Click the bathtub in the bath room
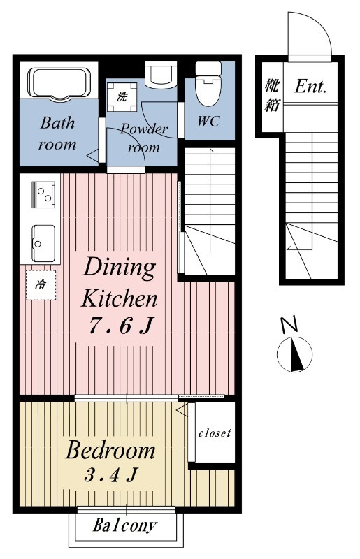tap(59, 82)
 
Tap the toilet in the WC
tap(208, 84)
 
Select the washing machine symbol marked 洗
tap(122, 97)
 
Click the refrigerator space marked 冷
tap(41, 285)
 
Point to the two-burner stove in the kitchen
tap(43, 194)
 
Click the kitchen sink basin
tap(43, 243)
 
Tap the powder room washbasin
tap(161, 75)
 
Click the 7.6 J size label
tap(122, 326)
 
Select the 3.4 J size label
tap(111, 474)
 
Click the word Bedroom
tap(110, 450)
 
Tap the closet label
tap(215, 433)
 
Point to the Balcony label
tap(125, 525)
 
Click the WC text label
tap(209, 121)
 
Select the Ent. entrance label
tap(310, 86)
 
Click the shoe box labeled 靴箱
tap(272, 95)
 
